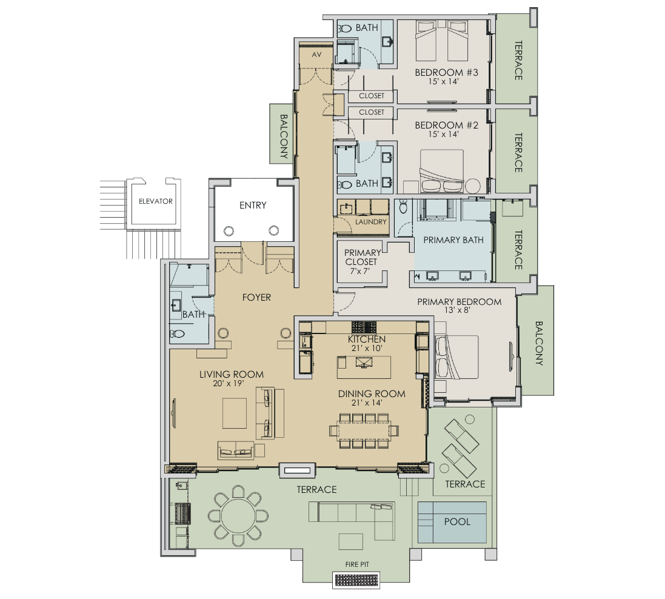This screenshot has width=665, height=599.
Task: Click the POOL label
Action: [x=456, y=521]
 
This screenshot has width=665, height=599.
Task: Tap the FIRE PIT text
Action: [x=357, y=564]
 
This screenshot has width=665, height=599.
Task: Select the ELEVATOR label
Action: [x=156, y=201]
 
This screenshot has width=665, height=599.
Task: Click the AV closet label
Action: [x=316, y=55]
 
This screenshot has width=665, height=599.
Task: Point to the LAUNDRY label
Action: [x=371, y=222]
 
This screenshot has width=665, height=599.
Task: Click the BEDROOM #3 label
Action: [x=447, y=73]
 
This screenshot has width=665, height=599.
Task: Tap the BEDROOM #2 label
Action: [x=447, y=125]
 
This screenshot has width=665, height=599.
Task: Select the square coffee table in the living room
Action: [x=235, y=413]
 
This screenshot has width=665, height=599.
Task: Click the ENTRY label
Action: [x=252, y=206]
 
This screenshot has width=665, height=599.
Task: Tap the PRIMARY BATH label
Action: [x=453, y=240]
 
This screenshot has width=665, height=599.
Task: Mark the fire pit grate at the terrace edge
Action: [x=357, y=580]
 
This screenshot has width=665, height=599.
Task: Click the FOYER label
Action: [x=256, y=298]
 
